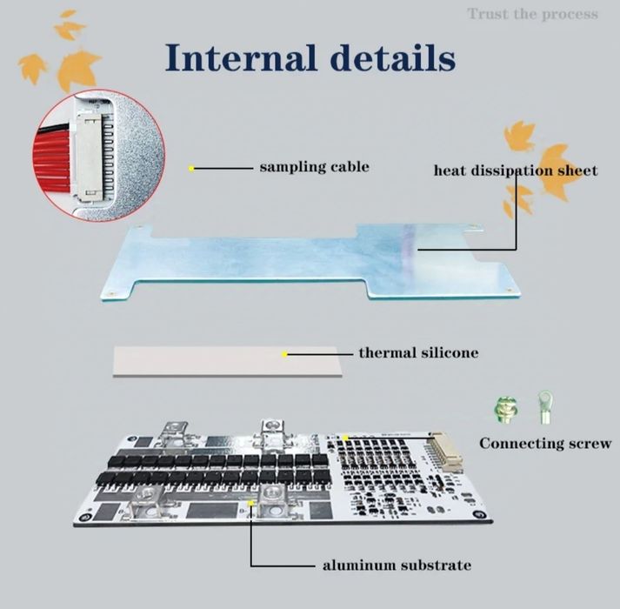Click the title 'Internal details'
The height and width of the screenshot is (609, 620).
[x=310, y=58]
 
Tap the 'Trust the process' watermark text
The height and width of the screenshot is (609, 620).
[x=532, y=13]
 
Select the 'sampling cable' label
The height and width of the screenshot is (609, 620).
[x=314, y=166]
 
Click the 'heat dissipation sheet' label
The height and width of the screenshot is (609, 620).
[x=515, y=170]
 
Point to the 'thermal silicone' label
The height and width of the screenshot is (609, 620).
[x=418, y=353]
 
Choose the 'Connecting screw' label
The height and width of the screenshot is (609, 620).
[x=545, y=443]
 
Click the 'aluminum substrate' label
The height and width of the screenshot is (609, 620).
[x=397, y=565]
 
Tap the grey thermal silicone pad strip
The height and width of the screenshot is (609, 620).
[x=226, y=358]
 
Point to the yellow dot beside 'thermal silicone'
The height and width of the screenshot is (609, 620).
[x=284, y=353]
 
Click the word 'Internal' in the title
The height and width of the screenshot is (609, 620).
[x=240, y=58]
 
